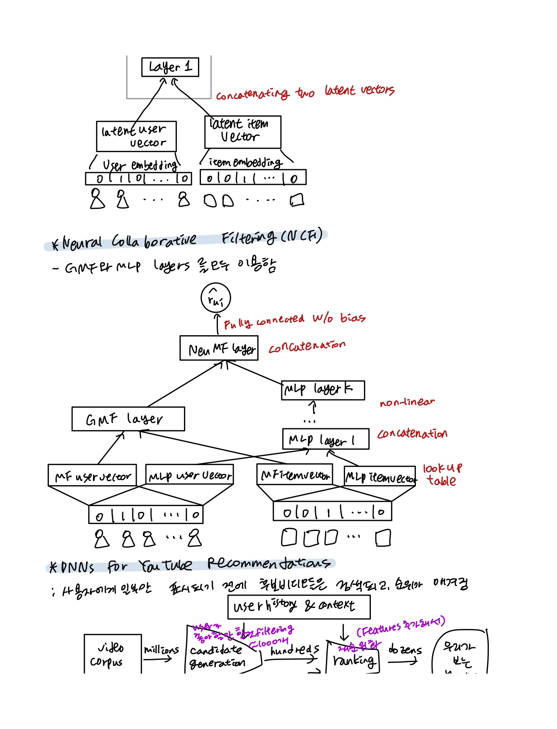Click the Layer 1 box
click(170, 67)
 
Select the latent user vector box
click(136, 136)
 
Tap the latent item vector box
click(242, 132)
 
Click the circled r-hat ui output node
click(215, 298)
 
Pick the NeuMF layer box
click(219, 348)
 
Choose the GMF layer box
click(128, 419)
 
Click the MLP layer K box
click(322, 390)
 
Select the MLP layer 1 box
click(325, 439)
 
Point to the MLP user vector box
click(189, 475)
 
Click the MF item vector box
click(294, 475)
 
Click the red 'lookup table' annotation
click(442, 475)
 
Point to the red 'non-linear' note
click(407, 402)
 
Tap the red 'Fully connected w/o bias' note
click(294, 320)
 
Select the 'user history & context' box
click(299, 607)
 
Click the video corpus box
click(113, 654)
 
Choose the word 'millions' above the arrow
click(161, 649)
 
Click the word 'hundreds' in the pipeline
click(295, 649)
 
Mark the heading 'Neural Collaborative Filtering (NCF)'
click(187, 240)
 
